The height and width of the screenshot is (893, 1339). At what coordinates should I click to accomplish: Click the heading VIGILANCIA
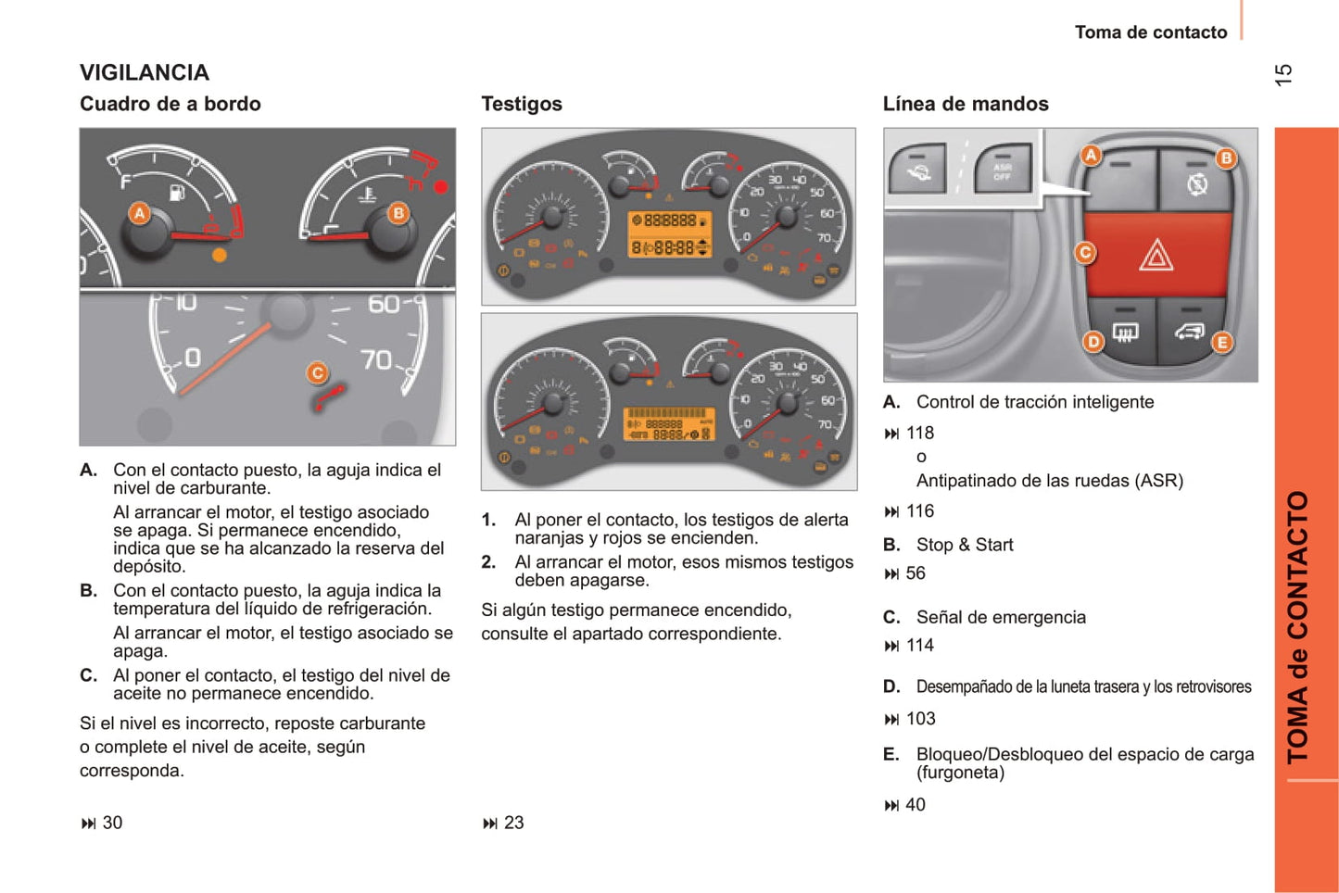point(145,72)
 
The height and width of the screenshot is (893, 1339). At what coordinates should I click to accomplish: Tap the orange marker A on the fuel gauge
point(139,214)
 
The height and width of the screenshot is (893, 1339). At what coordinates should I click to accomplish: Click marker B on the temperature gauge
point(398,213)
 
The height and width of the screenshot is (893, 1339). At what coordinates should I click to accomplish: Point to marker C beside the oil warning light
point(318,372)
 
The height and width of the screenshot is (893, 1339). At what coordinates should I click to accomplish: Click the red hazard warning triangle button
point(1156,255)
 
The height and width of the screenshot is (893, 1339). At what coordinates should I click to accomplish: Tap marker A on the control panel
point(1091,155)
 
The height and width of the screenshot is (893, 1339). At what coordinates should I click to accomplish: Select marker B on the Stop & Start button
point(1226,157)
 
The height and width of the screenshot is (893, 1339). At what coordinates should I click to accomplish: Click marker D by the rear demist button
point(1093,341)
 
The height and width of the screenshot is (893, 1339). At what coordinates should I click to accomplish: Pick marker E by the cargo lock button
point(1222,342)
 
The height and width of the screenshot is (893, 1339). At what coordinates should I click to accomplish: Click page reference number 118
point(920,433)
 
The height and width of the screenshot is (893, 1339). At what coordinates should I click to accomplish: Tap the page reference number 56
point(916,573)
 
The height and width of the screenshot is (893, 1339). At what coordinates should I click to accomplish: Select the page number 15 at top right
point(1283,75)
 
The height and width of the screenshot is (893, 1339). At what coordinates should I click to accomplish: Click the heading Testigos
point(522,104)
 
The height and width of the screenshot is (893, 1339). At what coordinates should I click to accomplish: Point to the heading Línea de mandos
point(966,104)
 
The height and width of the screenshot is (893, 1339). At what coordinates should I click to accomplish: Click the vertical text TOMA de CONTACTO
point(1298,626)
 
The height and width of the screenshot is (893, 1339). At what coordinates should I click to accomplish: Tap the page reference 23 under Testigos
point(513,823)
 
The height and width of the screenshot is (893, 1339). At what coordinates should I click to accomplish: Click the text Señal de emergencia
point(1001,617)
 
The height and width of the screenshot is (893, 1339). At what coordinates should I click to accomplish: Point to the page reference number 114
point(920,646)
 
